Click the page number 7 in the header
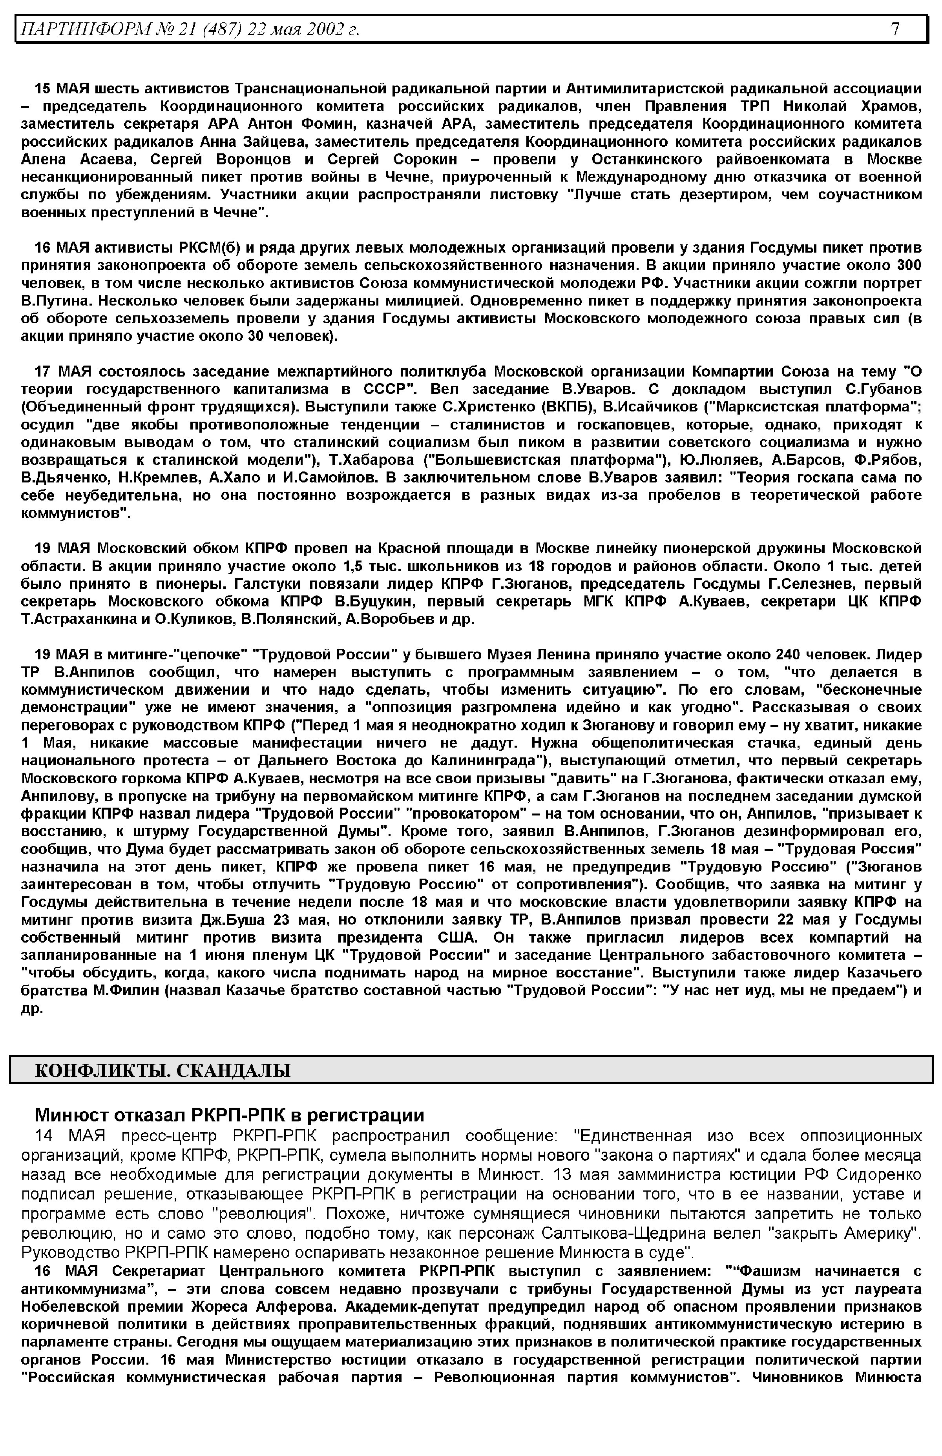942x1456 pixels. [895, 29]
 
